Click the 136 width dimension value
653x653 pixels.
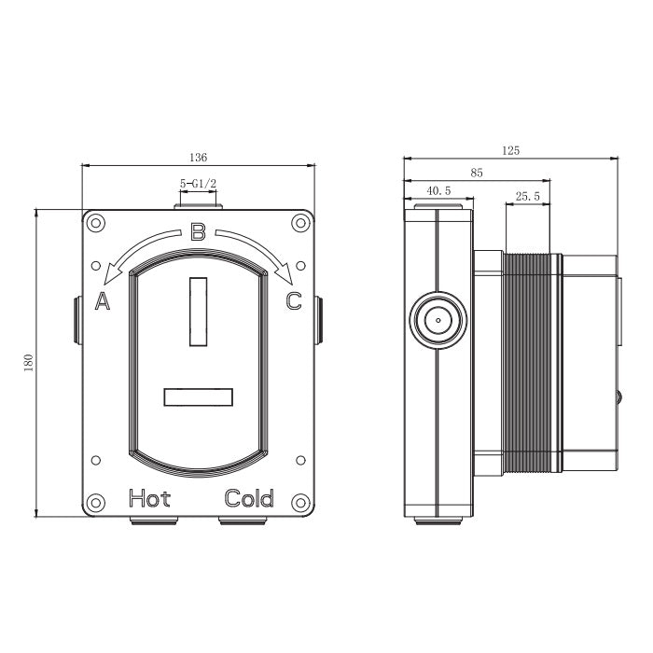pos(198,158)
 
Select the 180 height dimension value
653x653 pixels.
pos(28,363)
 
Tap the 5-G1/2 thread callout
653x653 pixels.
pos(198,183)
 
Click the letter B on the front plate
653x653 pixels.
pos(198,232)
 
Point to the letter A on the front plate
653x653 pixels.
pos(103,300)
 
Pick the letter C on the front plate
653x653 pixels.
pos(294,301)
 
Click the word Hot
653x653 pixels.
pos(149,498)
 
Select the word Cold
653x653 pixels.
pos(249,498)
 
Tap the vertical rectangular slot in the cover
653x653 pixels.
pos(198,312)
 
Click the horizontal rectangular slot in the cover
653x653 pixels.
pos(198,396)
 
